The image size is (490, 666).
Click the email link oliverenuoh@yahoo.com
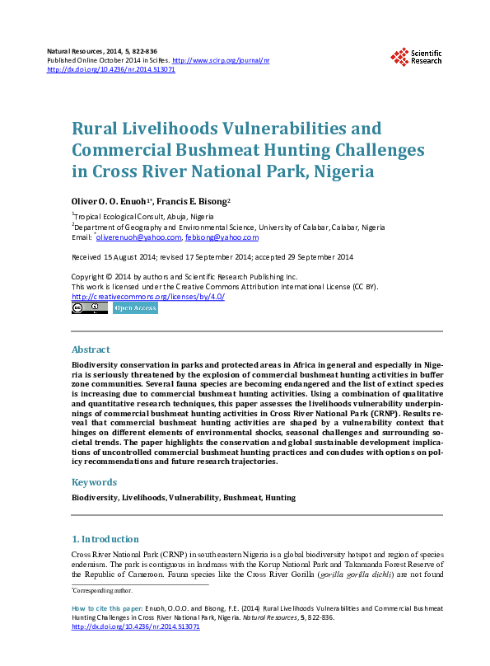pyautogui.click(x=138, y=237)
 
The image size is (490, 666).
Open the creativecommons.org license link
pyautogui.click(x=148, y=297)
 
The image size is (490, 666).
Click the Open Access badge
pyautogui.click(x=134, y=308)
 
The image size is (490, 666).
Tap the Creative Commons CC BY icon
pyautogui.click(x=90, y=308)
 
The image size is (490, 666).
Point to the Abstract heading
pyautogui.click(x=91, y=349)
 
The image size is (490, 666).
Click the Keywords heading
pyautogui.click(x=94, y=482)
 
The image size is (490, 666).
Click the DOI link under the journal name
pyautogui.click(x=111, y=70)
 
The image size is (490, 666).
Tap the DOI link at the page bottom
pyautogui.click(x=136, y=626)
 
